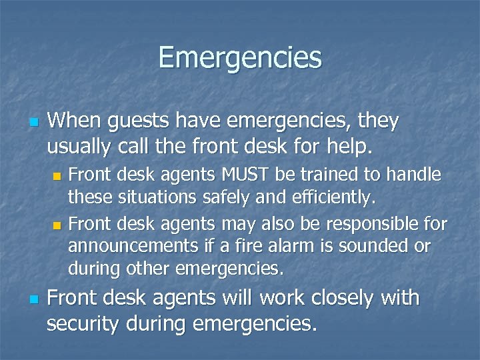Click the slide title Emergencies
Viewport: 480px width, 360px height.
240,57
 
